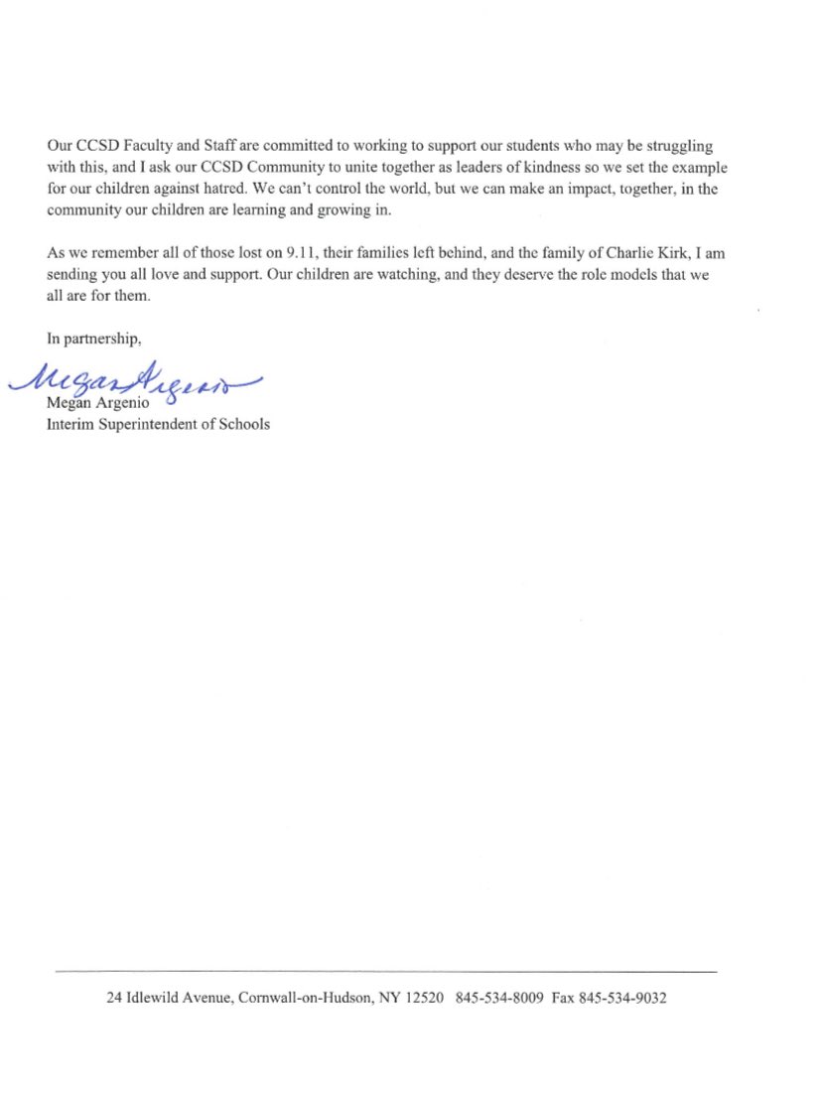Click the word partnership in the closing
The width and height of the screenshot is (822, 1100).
104,339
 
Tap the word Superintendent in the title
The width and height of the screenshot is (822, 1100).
155,425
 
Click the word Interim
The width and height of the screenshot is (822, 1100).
69,425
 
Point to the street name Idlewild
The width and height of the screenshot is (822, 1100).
160,999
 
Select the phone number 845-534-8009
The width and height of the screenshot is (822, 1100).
499,999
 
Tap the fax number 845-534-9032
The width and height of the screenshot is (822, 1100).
622,999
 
